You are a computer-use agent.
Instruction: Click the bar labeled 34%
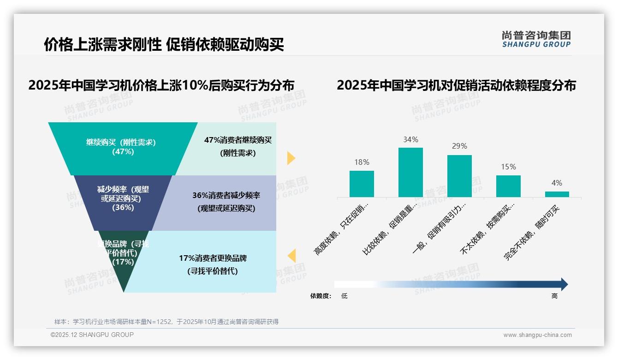[410, 172]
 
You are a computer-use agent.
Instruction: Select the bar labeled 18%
[362, 184]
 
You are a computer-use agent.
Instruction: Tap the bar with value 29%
[459, 176]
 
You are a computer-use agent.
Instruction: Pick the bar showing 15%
[508, 186]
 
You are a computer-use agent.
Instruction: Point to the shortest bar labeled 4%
[557, 194]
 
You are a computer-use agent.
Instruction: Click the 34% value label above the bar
[410, 139]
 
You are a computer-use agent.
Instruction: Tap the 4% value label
[557, 183]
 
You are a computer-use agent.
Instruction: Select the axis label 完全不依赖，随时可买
[532, 233]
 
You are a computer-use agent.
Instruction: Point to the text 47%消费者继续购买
[238, 140]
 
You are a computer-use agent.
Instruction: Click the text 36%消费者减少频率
[226, 196]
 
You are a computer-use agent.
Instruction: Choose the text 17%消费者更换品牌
[213, 258]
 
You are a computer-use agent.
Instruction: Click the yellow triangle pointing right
[291, 158]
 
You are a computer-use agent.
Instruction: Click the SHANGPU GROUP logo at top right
[536, 39]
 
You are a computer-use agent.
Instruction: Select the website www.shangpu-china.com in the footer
[537, 335]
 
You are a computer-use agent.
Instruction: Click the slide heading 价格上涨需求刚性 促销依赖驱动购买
[164, 44]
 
